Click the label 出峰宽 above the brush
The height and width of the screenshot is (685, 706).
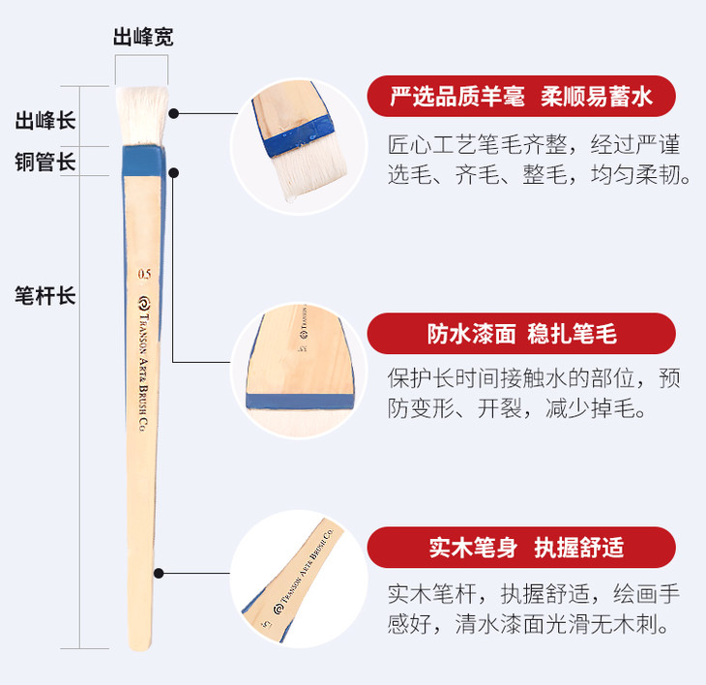click(x=143, y=37)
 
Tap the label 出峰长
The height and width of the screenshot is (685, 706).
click(x=45, y=121)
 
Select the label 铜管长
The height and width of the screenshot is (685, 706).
click(x=45, y=162)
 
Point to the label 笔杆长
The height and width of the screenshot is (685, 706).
click(x=45, y=296)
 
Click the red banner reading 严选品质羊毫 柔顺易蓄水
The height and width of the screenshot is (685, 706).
click(x=521, y=97)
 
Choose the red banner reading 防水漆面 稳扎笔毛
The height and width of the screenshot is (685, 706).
click(x=521, y=334)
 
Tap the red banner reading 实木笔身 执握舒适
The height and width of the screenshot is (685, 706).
click(x=521, y=548)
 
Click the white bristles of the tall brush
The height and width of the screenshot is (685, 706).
click(x=142, y=116)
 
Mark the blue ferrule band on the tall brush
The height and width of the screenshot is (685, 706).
click(x=144, y=161)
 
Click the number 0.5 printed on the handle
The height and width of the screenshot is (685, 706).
click(x=144, y=274)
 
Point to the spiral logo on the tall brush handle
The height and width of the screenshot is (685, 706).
click(x=144, y=304)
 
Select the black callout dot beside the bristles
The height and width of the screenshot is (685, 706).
click(x=174, y=113)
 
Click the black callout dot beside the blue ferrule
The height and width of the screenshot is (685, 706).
click(x=174, y=173)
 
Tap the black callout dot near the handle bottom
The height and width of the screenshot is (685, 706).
click(x=159, y=574)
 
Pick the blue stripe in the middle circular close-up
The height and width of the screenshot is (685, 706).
click(x=300, y=401)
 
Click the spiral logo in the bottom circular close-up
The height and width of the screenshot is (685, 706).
click(x=279, y=610)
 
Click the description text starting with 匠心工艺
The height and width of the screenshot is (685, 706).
click(x=539, y=159)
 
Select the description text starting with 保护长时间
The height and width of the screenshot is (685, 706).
click(x=534, y=393)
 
